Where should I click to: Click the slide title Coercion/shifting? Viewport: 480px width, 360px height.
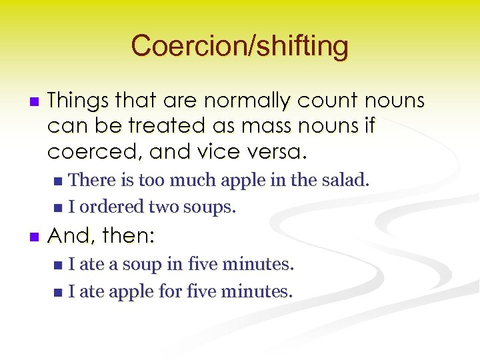coord(239,46)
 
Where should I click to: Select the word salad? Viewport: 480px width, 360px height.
coord(345,179)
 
